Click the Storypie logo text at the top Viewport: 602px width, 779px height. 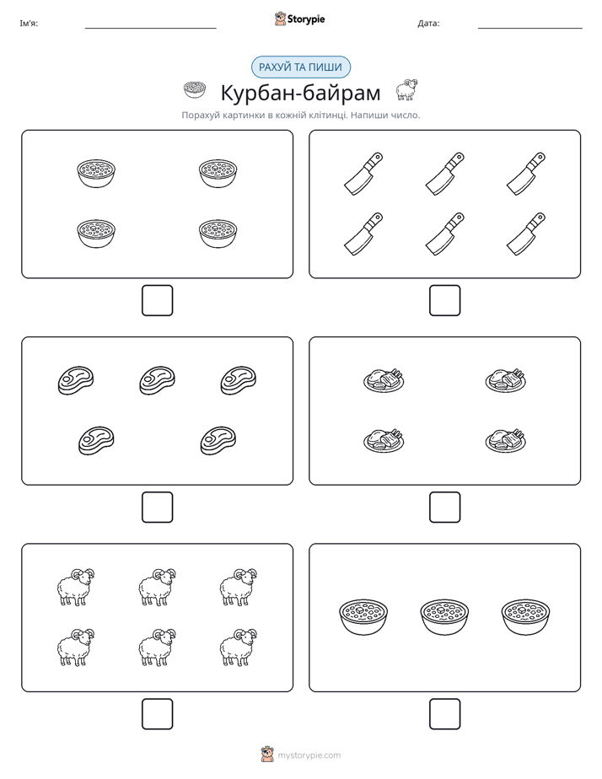pos(306,19)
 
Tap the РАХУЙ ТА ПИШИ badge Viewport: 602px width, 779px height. pos(300,67)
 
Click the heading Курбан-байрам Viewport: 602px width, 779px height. pos(300,93)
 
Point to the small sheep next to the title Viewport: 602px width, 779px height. pos(406,89)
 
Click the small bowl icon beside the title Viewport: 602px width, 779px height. pos(194,89)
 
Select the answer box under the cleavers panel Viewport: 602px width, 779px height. pos(444,301)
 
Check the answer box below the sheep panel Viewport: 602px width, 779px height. pos(157,714)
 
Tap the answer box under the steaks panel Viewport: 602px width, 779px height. pos(157,508)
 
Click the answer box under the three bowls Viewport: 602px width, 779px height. pos(444,714)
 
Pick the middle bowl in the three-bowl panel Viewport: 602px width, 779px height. pos(444,617)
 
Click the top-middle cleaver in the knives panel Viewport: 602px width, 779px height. pos(444,174)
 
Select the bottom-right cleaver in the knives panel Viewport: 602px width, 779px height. pos(525,234)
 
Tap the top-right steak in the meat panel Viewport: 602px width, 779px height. pos(239,380)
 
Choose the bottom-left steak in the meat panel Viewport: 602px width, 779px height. pos(96,440)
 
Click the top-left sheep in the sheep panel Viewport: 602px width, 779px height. pos(76,587)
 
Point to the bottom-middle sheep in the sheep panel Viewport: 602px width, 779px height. pos(157,647)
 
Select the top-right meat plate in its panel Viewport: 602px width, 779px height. pos(506,380)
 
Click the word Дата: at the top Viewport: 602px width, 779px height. pos(428,24)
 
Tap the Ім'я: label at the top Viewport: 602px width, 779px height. pos(29,24)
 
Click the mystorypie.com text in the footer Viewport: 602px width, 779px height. pos(309,755)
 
